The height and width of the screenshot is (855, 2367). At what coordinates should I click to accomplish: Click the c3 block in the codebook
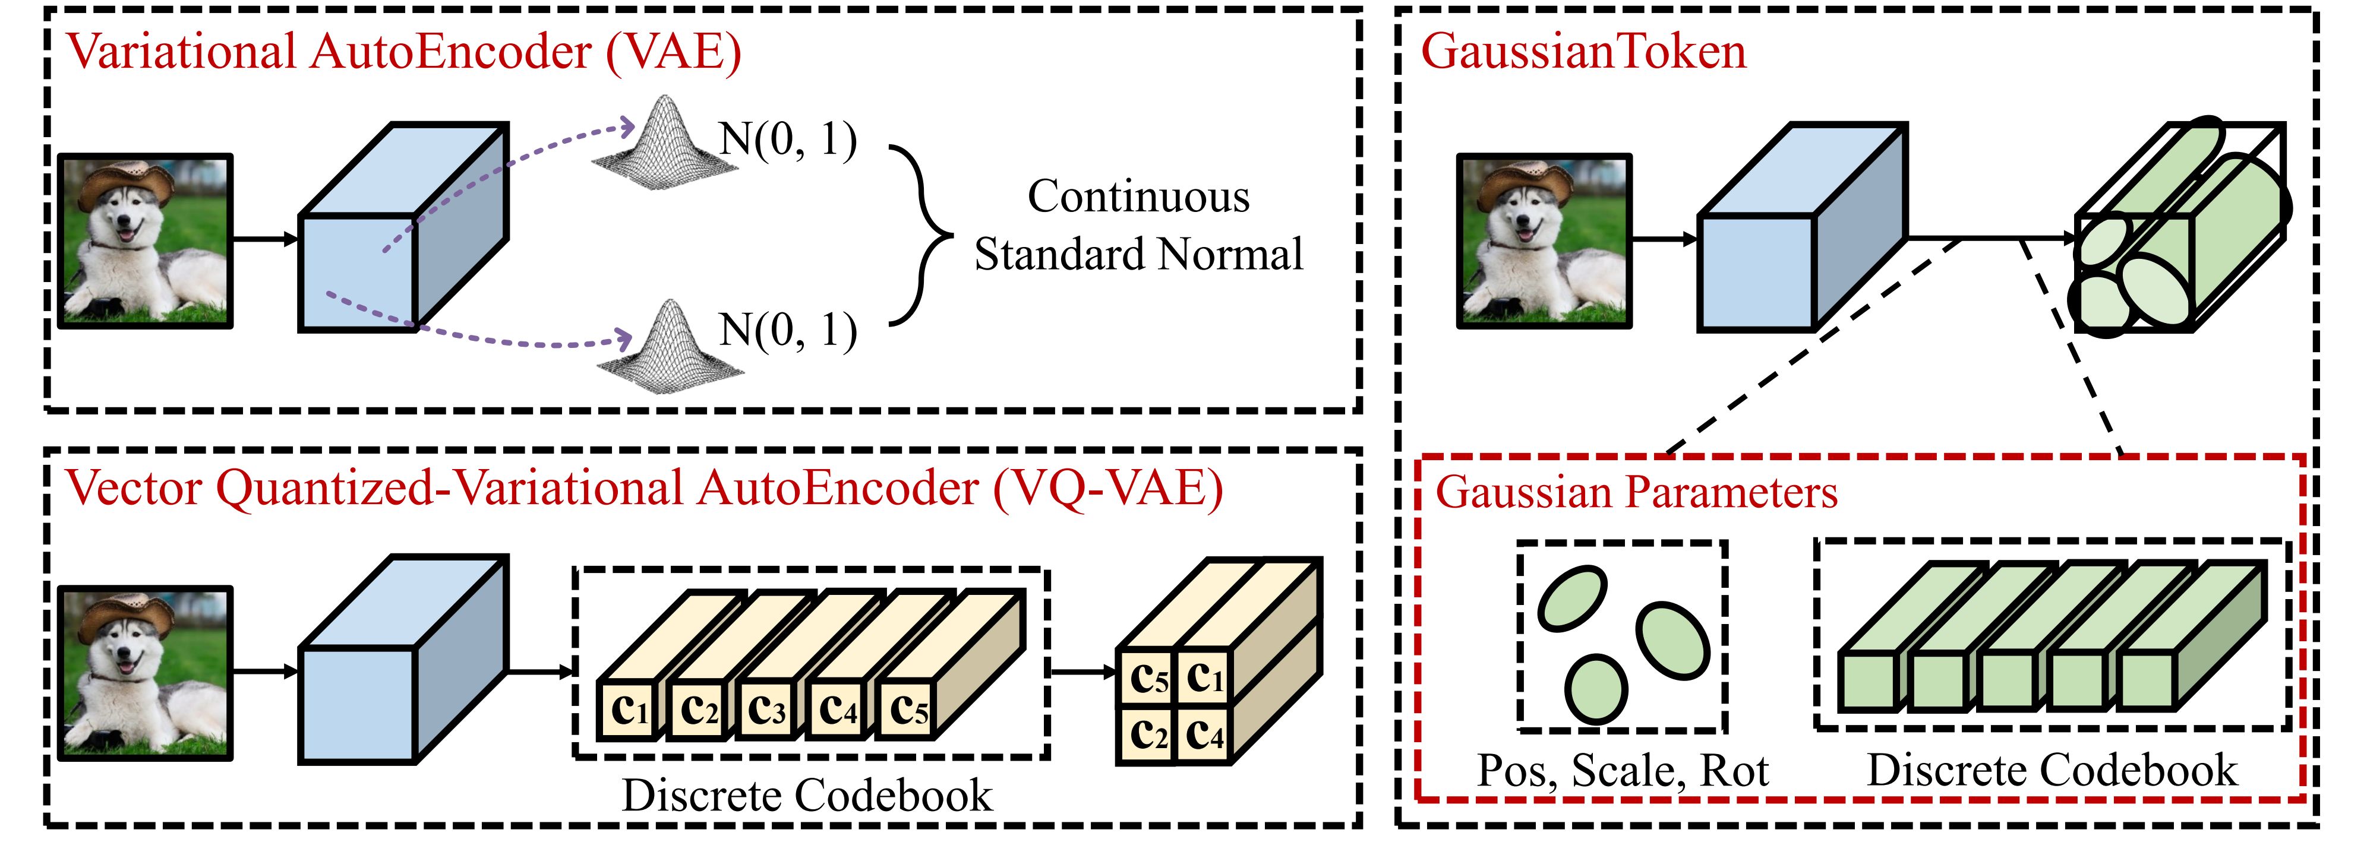point(767,709)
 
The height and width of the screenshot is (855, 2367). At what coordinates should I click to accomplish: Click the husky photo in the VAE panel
point(145,240)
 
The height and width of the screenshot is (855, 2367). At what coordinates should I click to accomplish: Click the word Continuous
point(1138,197)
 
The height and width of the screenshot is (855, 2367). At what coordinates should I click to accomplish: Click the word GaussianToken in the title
point(1583,52)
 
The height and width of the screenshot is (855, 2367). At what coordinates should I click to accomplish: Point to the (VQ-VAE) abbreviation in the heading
point(1108,489)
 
